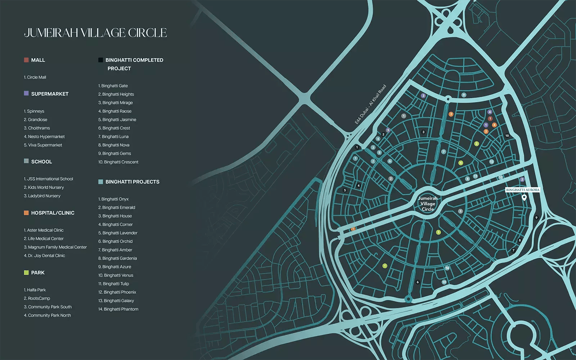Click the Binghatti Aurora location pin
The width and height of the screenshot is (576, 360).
click(524, 197)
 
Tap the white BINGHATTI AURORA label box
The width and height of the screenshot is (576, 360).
click(522, 190)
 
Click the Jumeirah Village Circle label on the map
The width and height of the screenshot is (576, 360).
click(428, 204)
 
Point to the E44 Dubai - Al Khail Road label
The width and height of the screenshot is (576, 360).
click(370, 104)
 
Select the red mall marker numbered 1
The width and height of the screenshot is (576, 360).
click(490, 118)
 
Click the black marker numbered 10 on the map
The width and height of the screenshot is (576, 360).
click(507, 136)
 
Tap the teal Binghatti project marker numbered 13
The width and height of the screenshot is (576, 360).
click(491, 162)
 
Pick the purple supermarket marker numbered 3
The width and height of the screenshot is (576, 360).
click(423, 96)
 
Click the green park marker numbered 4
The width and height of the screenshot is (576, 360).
click(460, 163)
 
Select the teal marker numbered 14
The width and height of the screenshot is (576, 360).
click(447, 268)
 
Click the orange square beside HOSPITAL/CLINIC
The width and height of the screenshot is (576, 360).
click(26, 213)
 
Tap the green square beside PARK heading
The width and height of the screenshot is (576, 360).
click(26, 273)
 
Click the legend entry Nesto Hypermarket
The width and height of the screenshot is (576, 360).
click(44, 137)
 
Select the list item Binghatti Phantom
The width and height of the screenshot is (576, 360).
click(118, 309)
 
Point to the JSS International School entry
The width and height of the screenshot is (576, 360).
click(49, 179)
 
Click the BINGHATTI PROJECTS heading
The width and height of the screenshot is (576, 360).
click(132, 182)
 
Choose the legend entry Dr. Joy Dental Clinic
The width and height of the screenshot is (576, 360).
click(45, 256)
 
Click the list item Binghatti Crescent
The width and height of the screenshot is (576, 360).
click(118, 162)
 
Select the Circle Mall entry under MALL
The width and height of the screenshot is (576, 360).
click(35, 77)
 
